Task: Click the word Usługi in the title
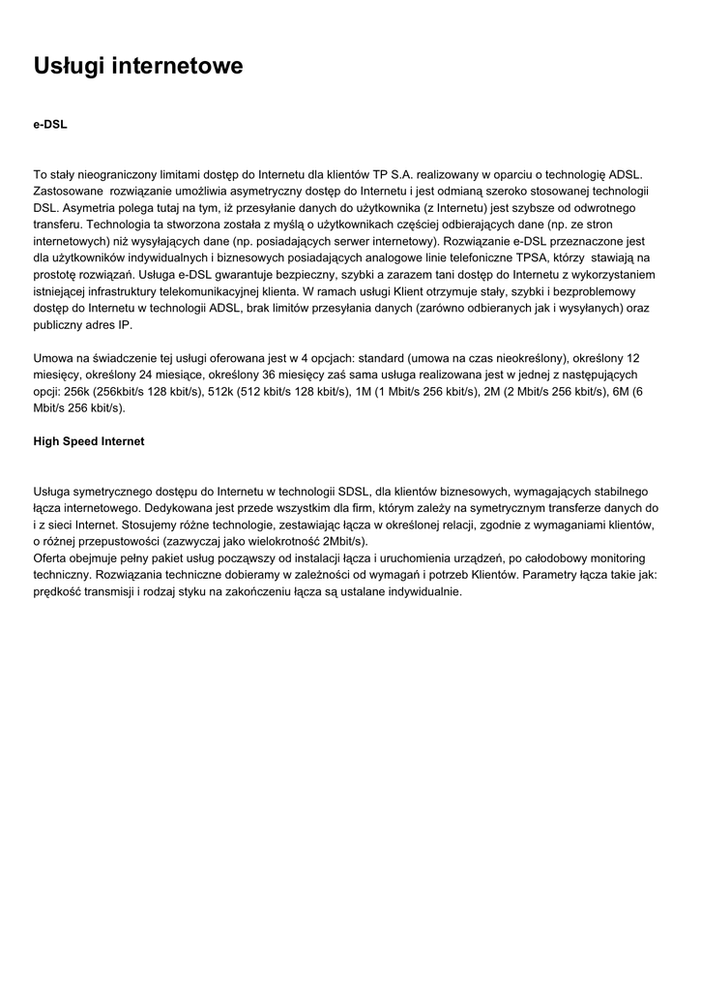click(x=70, y=66)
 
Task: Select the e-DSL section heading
click(x=50, y=125)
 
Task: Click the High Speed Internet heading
click(x=89, y=441)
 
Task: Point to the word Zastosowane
click(x=69, y=192)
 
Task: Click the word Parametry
click(x=579, y=574)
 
